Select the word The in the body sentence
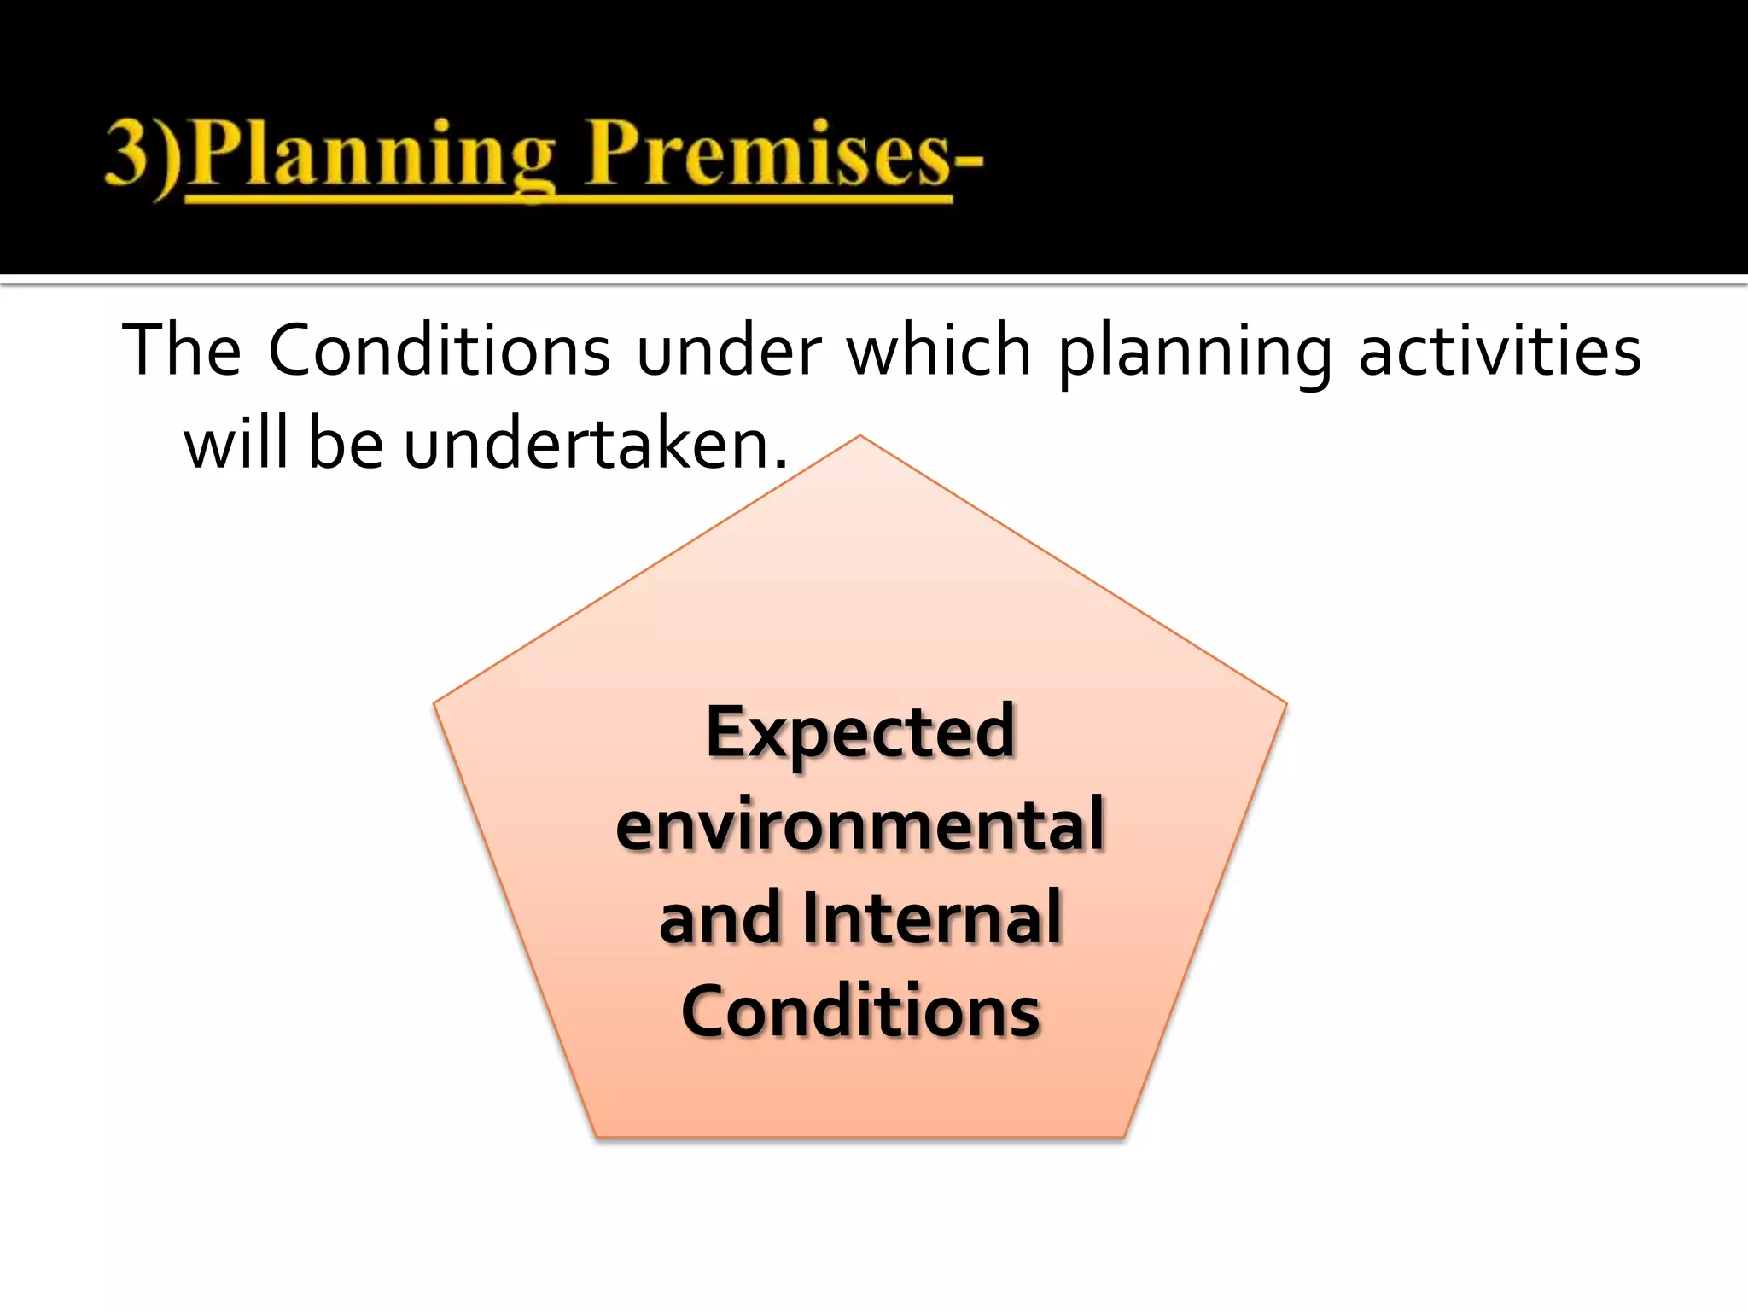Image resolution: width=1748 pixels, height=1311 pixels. point(182,350)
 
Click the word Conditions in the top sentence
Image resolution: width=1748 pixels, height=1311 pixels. point(440,350)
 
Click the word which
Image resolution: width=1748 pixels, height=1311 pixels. point(940,350)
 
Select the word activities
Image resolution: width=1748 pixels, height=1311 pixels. point(1499,350)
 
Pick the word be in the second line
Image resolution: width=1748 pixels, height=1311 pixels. point(346,444)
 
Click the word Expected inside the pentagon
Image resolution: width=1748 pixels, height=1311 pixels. point(859,732)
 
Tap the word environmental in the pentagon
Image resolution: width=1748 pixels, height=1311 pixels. point(859,824)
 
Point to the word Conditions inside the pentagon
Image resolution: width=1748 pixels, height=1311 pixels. point(859,1011)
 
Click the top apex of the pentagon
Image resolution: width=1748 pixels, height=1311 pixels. point(859,438)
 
